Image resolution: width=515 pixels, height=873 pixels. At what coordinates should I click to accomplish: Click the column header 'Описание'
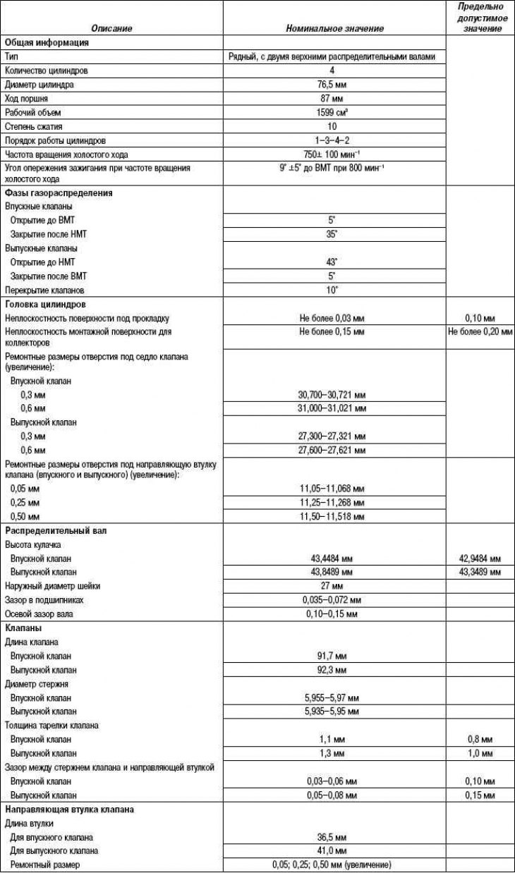coord(111,29)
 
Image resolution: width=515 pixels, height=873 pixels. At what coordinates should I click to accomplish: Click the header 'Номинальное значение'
coord(335,29)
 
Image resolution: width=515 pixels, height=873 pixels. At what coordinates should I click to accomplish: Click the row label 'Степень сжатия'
coord(33,127)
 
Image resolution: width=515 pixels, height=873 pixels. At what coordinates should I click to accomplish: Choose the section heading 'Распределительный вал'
coord(56,530)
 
